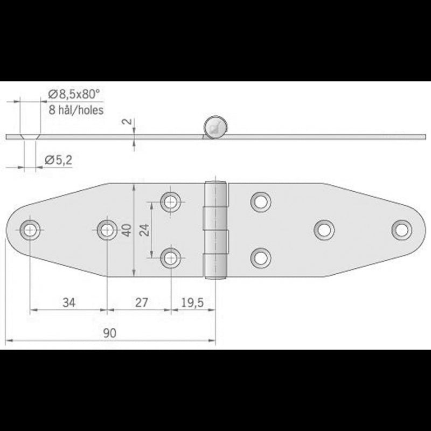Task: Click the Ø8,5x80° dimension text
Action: (74, 95)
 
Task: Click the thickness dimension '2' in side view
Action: (128, 122)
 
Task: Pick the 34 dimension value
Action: (68, 302)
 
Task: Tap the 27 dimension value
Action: (141, 302)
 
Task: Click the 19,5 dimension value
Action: (192, 302)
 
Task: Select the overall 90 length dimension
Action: (110, 333)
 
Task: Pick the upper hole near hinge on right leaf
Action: (260, 201)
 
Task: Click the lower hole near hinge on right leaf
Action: (260, 257)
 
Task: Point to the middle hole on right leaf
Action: (323, 229)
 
